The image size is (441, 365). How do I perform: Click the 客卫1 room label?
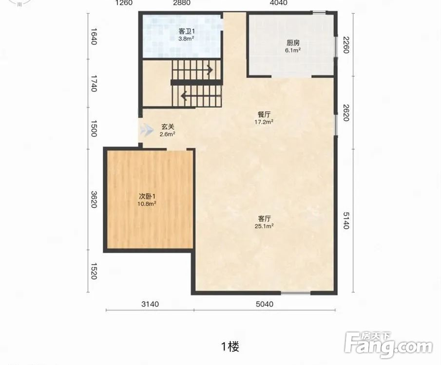(187, 31)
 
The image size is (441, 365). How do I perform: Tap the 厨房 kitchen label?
(293, 43)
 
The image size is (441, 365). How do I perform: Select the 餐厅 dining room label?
(264, 115)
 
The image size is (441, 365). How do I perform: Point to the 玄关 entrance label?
(168, 127)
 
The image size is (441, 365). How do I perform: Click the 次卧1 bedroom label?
(147, 197)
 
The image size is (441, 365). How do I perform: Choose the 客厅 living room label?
(265, 219)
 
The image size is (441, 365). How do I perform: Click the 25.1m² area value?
(265, 226)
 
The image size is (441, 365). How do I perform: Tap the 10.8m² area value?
(147, 204)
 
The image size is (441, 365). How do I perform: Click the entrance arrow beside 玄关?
(147, 130)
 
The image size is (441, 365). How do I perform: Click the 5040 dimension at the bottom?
(265, 304)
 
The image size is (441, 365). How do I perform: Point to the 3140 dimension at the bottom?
(150, 304)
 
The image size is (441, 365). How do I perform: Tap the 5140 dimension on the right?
(346, 220)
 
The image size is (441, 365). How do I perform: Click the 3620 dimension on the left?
(94, 200)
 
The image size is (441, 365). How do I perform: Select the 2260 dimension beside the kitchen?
(346, 45)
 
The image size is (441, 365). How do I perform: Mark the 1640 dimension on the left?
(94, 36)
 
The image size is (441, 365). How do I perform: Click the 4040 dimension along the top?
(278, 3)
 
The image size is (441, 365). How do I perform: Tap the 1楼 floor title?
(230, 347)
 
